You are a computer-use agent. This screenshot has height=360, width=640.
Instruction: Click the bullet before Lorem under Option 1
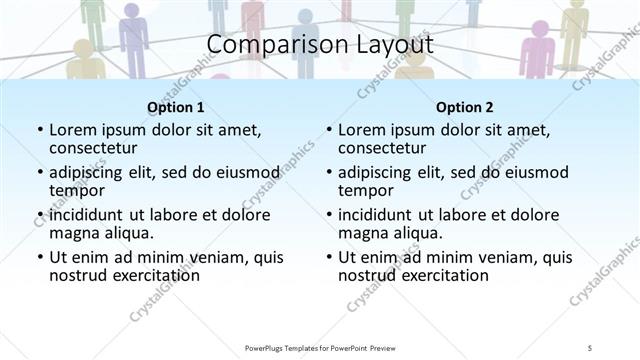(x=39, y=130)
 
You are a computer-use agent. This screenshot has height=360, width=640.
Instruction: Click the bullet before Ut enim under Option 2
(x=328, y=257)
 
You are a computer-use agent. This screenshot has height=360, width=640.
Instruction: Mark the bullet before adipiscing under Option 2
(x=328, y=171)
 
